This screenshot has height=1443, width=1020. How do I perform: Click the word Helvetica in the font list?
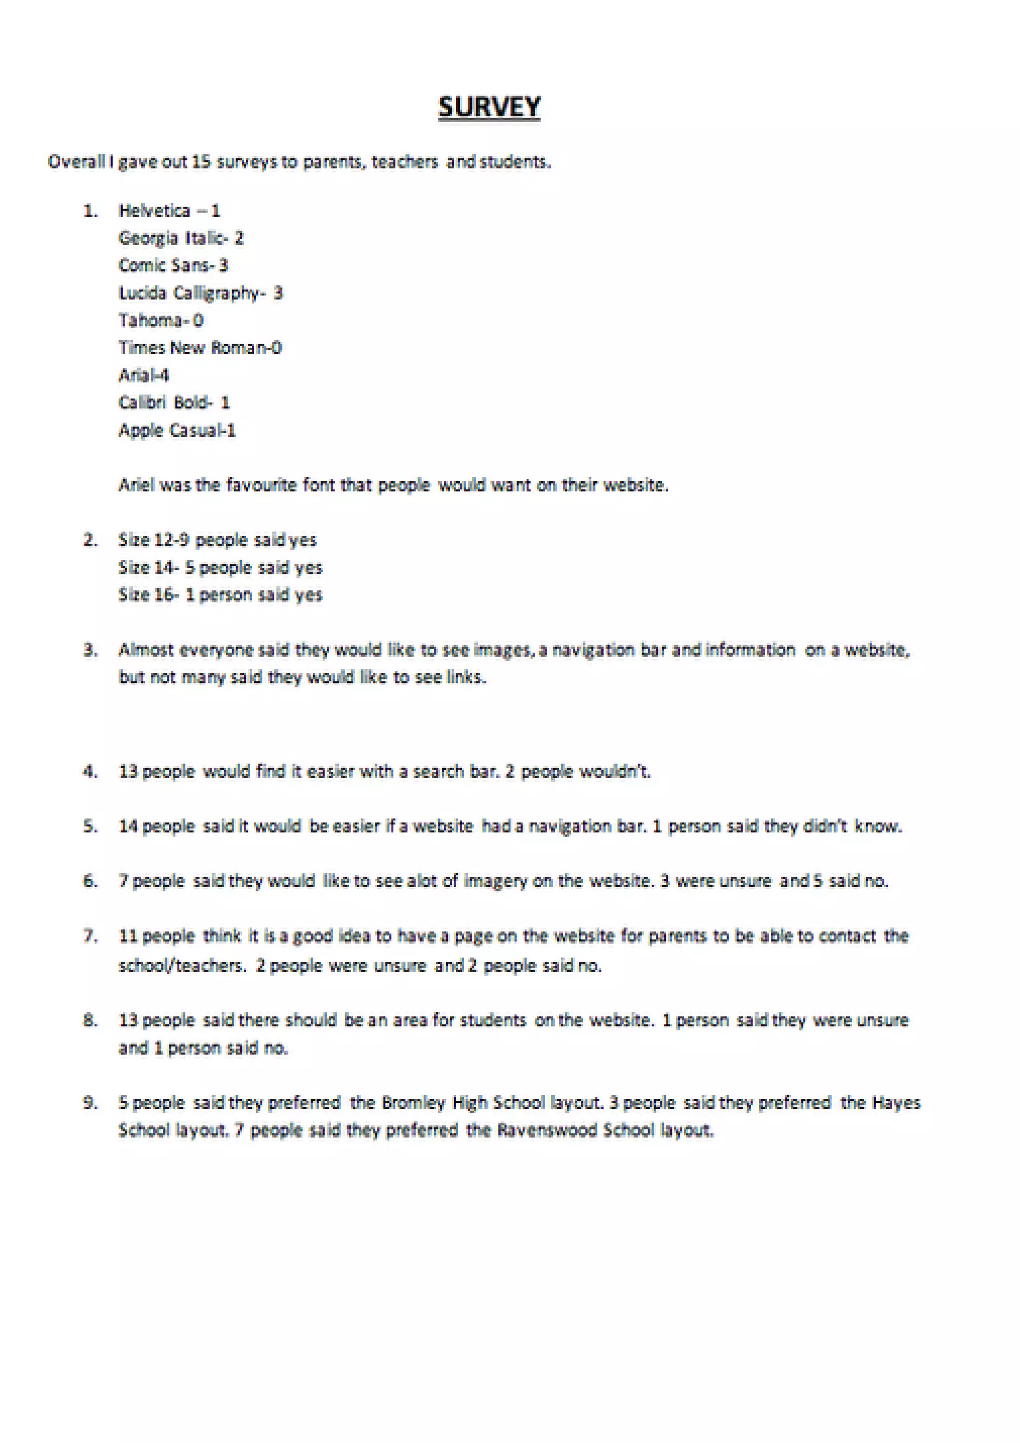pyautogui.click(x=154, y=211)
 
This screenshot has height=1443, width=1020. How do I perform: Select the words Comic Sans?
pyautogui.click(x=165, y=265)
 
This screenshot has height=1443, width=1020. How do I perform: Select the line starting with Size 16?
pyautogui.click(x=220, y=595)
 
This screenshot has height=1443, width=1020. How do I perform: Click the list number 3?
pyautogui.click(x=91, y=650)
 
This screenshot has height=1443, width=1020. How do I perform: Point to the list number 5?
pyautogui.click(x=91, y=826)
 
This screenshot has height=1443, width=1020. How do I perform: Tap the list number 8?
pyautogui.click(x=91, y=1020)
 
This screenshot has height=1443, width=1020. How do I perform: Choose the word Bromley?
pyautogui.click(x=413, y=1103)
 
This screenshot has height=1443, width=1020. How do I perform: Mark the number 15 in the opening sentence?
pyautogui.click(x=201, y=162)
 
